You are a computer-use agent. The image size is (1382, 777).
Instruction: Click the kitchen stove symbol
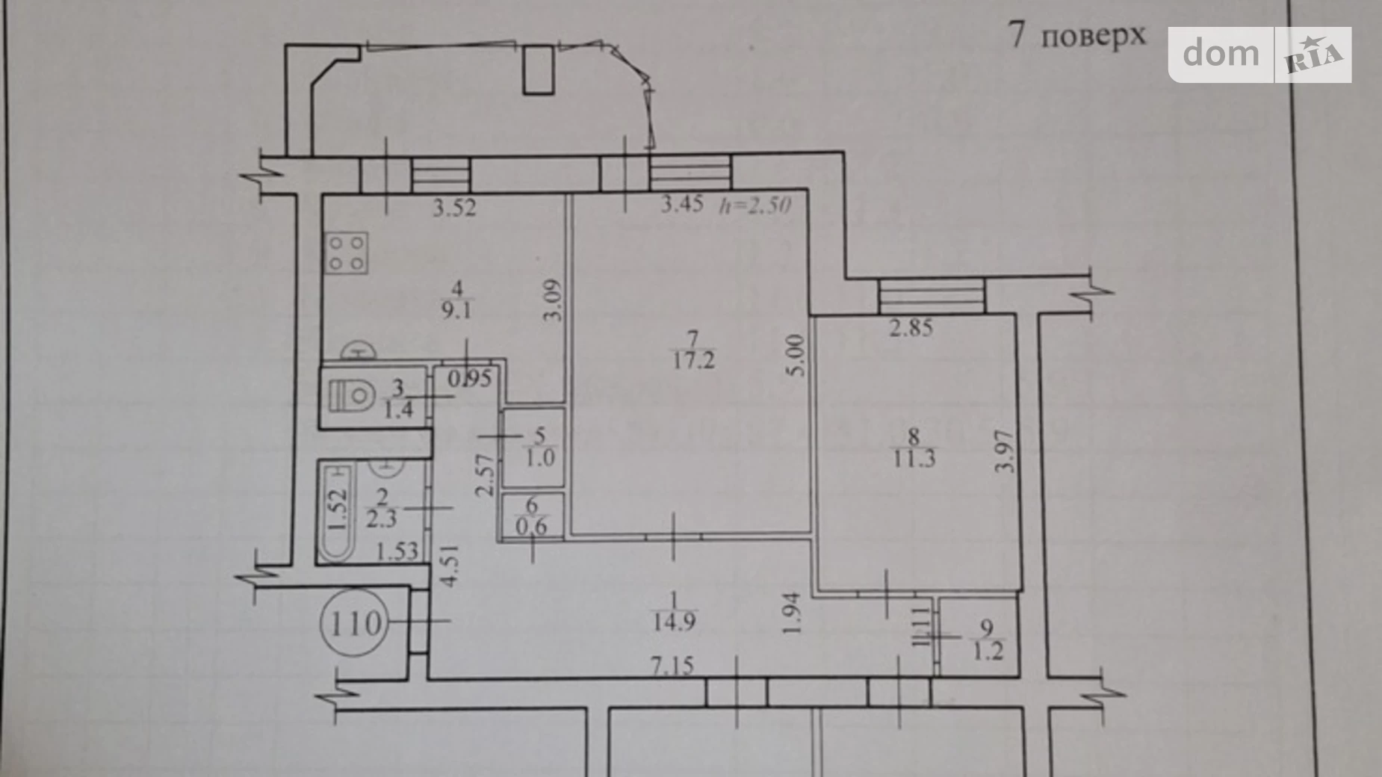tap(347, 253)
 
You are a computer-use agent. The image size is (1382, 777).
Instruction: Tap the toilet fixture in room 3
tap(352, 395)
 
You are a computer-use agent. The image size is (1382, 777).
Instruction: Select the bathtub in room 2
tap(338, 512)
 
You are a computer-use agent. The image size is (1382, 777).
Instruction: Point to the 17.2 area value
tap(694, 361)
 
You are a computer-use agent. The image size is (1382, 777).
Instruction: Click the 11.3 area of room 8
tap(914, 458)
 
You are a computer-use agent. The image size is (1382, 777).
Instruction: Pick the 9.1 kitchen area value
tap(456, 309)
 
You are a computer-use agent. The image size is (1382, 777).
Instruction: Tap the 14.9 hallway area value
tap(674, 621)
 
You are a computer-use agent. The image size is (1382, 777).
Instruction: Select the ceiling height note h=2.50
tap(754, 204)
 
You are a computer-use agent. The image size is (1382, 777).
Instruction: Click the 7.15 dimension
tap(672, 665)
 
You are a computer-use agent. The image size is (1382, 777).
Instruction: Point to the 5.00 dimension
tap(796, 356)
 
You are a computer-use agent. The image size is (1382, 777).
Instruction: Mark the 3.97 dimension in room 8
tap(1005, 451)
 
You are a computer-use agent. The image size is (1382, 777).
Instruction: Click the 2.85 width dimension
tap(911, 327)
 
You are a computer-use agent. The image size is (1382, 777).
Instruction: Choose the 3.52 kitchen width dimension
tap(454, 207)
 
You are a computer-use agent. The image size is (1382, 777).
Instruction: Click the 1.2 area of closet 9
tap(988, 650)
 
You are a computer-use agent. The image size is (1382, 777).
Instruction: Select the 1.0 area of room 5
tap(540, 457)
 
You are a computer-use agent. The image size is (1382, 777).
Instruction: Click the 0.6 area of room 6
tap(531, 525)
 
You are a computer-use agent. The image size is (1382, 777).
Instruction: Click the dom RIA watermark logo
tap(1259, 55)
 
